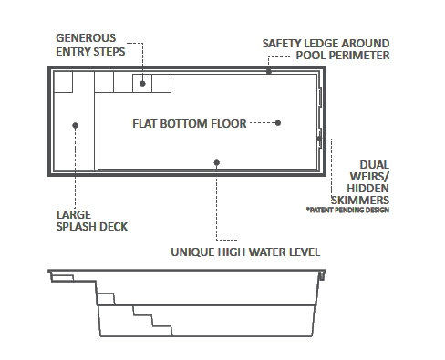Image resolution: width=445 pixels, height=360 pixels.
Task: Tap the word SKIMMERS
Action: pos(363,199)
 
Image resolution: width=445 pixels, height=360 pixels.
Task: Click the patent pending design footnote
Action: pos(348,211)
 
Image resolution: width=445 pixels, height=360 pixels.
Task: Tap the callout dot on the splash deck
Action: pos(75,125)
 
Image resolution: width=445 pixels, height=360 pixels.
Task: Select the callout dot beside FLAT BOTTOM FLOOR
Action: pos(278,122)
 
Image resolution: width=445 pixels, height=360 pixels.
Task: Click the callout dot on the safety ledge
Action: pos(269,69)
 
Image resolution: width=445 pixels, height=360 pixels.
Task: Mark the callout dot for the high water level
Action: pos(216,163)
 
